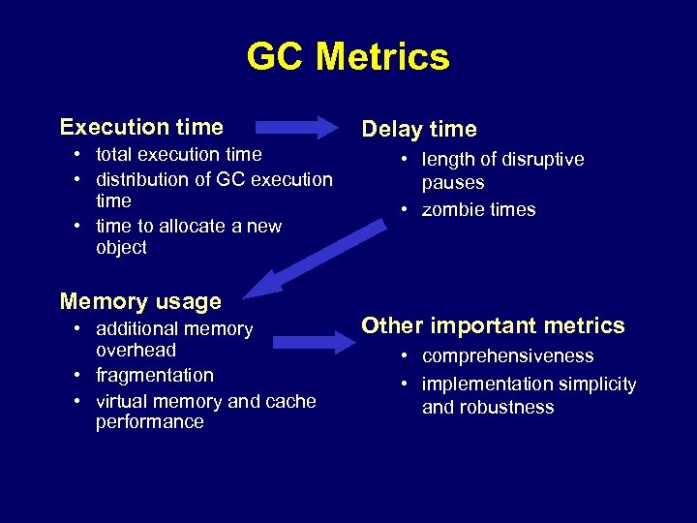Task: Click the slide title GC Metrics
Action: coord(348,56)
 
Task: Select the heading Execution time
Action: coord(141,127)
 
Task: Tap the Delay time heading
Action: coord(419,129)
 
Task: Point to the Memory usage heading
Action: coord(140,301)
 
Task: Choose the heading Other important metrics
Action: coord(493,325)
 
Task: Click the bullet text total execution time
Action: coord(179,154)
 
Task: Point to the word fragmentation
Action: coord(155,375)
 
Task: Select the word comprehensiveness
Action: coord(508,356)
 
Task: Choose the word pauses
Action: coord(453,182)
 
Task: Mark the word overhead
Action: coord(136,350)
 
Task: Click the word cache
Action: coord(289,401)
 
